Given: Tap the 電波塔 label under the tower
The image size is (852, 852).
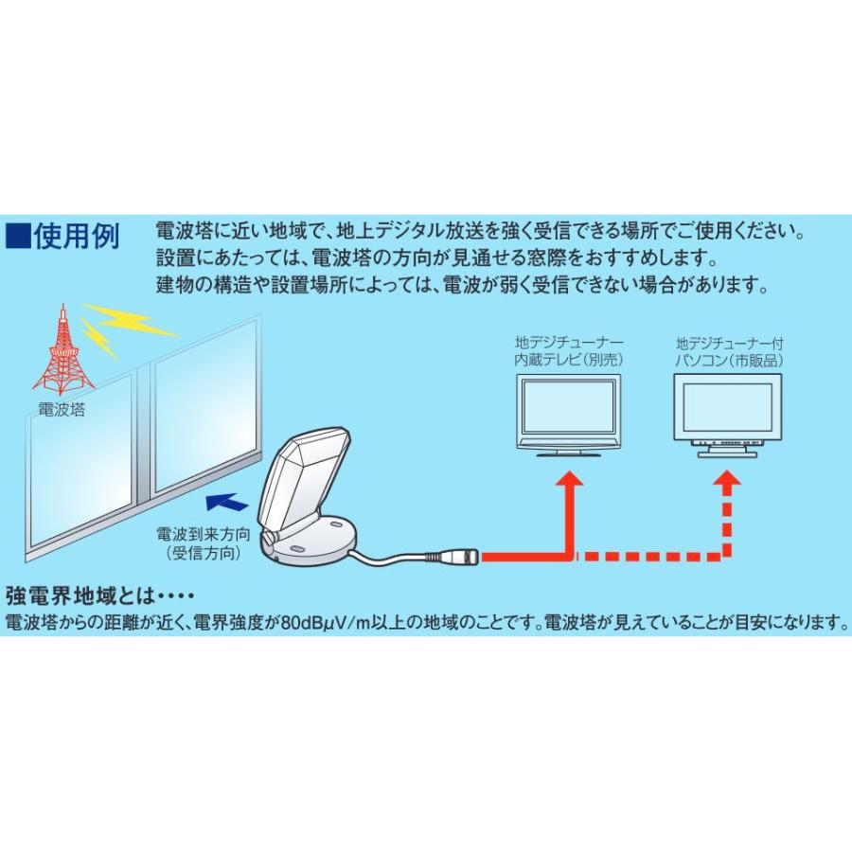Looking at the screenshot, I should coord(62,410).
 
